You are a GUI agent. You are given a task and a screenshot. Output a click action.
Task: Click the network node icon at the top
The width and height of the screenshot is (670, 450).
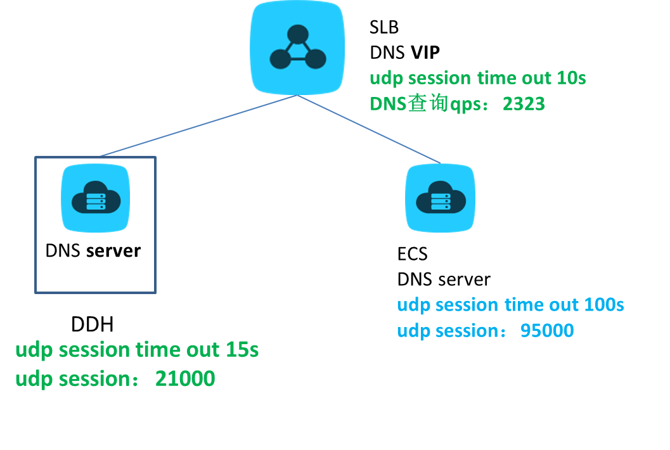[297, 48]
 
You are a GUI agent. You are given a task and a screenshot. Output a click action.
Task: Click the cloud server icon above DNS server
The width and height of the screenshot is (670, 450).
[95, 197]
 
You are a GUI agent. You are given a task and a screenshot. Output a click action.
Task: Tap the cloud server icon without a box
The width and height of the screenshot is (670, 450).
[440, 198]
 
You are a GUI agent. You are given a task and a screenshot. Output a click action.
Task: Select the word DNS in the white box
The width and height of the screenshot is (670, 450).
[63, 251]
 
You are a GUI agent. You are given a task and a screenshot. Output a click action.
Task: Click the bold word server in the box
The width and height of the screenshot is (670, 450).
[113, 251]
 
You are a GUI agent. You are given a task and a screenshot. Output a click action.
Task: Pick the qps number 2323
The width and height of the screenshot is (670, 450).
[524, 104]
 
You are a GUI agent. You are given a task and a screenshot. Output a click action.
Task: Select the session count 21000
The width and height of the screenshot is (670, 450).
[185, 379]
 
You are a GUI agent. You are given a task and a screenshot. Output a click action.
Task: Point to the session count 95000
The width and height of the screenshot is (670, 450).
[547, 330]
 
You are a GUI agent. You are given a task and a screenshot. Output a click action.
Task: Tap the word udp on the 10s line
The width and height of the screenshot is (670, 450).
[386, 79]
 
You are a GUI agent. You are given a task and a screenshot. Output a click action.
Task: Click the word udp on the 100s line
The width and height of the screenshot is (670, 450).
[413, 305]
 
